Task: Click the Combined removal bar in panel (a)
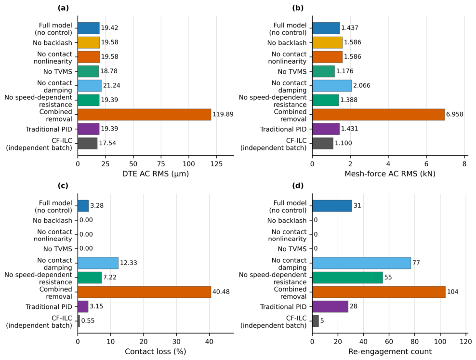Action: point(144,114)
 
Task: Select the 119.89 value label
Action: point(223,114)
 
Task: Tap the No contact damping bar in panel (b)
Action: point(332,86)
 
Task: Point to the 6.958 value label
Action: point(454,114)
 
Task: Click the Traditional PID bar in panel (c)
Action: point(83,307)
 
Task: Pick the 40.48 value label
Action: point(221,292)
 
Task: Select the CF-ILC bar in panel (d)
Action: point(316,321)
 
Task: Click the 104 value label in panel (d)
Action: point(452,292)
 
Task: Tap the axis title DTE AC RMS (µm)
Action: point(156,173)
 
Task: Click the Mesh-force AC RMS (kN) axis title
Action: point(390,173)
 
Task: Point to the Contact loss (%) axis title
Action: point(156,351)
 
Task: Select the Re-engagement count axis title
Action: point(390,351)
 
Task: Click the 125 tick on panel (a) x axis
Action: point(216,164)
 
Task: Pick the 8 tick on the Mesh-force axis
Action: point(464,164)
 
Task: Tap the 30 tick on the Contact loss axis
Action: point(176,342)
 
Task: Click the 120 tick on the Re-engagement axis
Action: point(466,342)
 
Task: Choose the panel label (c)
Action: point(63,186)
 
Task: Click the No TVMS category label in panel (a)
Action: point(58,72)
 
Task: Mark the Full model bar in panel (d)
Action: point(332,206)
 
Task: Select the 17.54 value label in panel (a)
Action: point(107,143)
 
